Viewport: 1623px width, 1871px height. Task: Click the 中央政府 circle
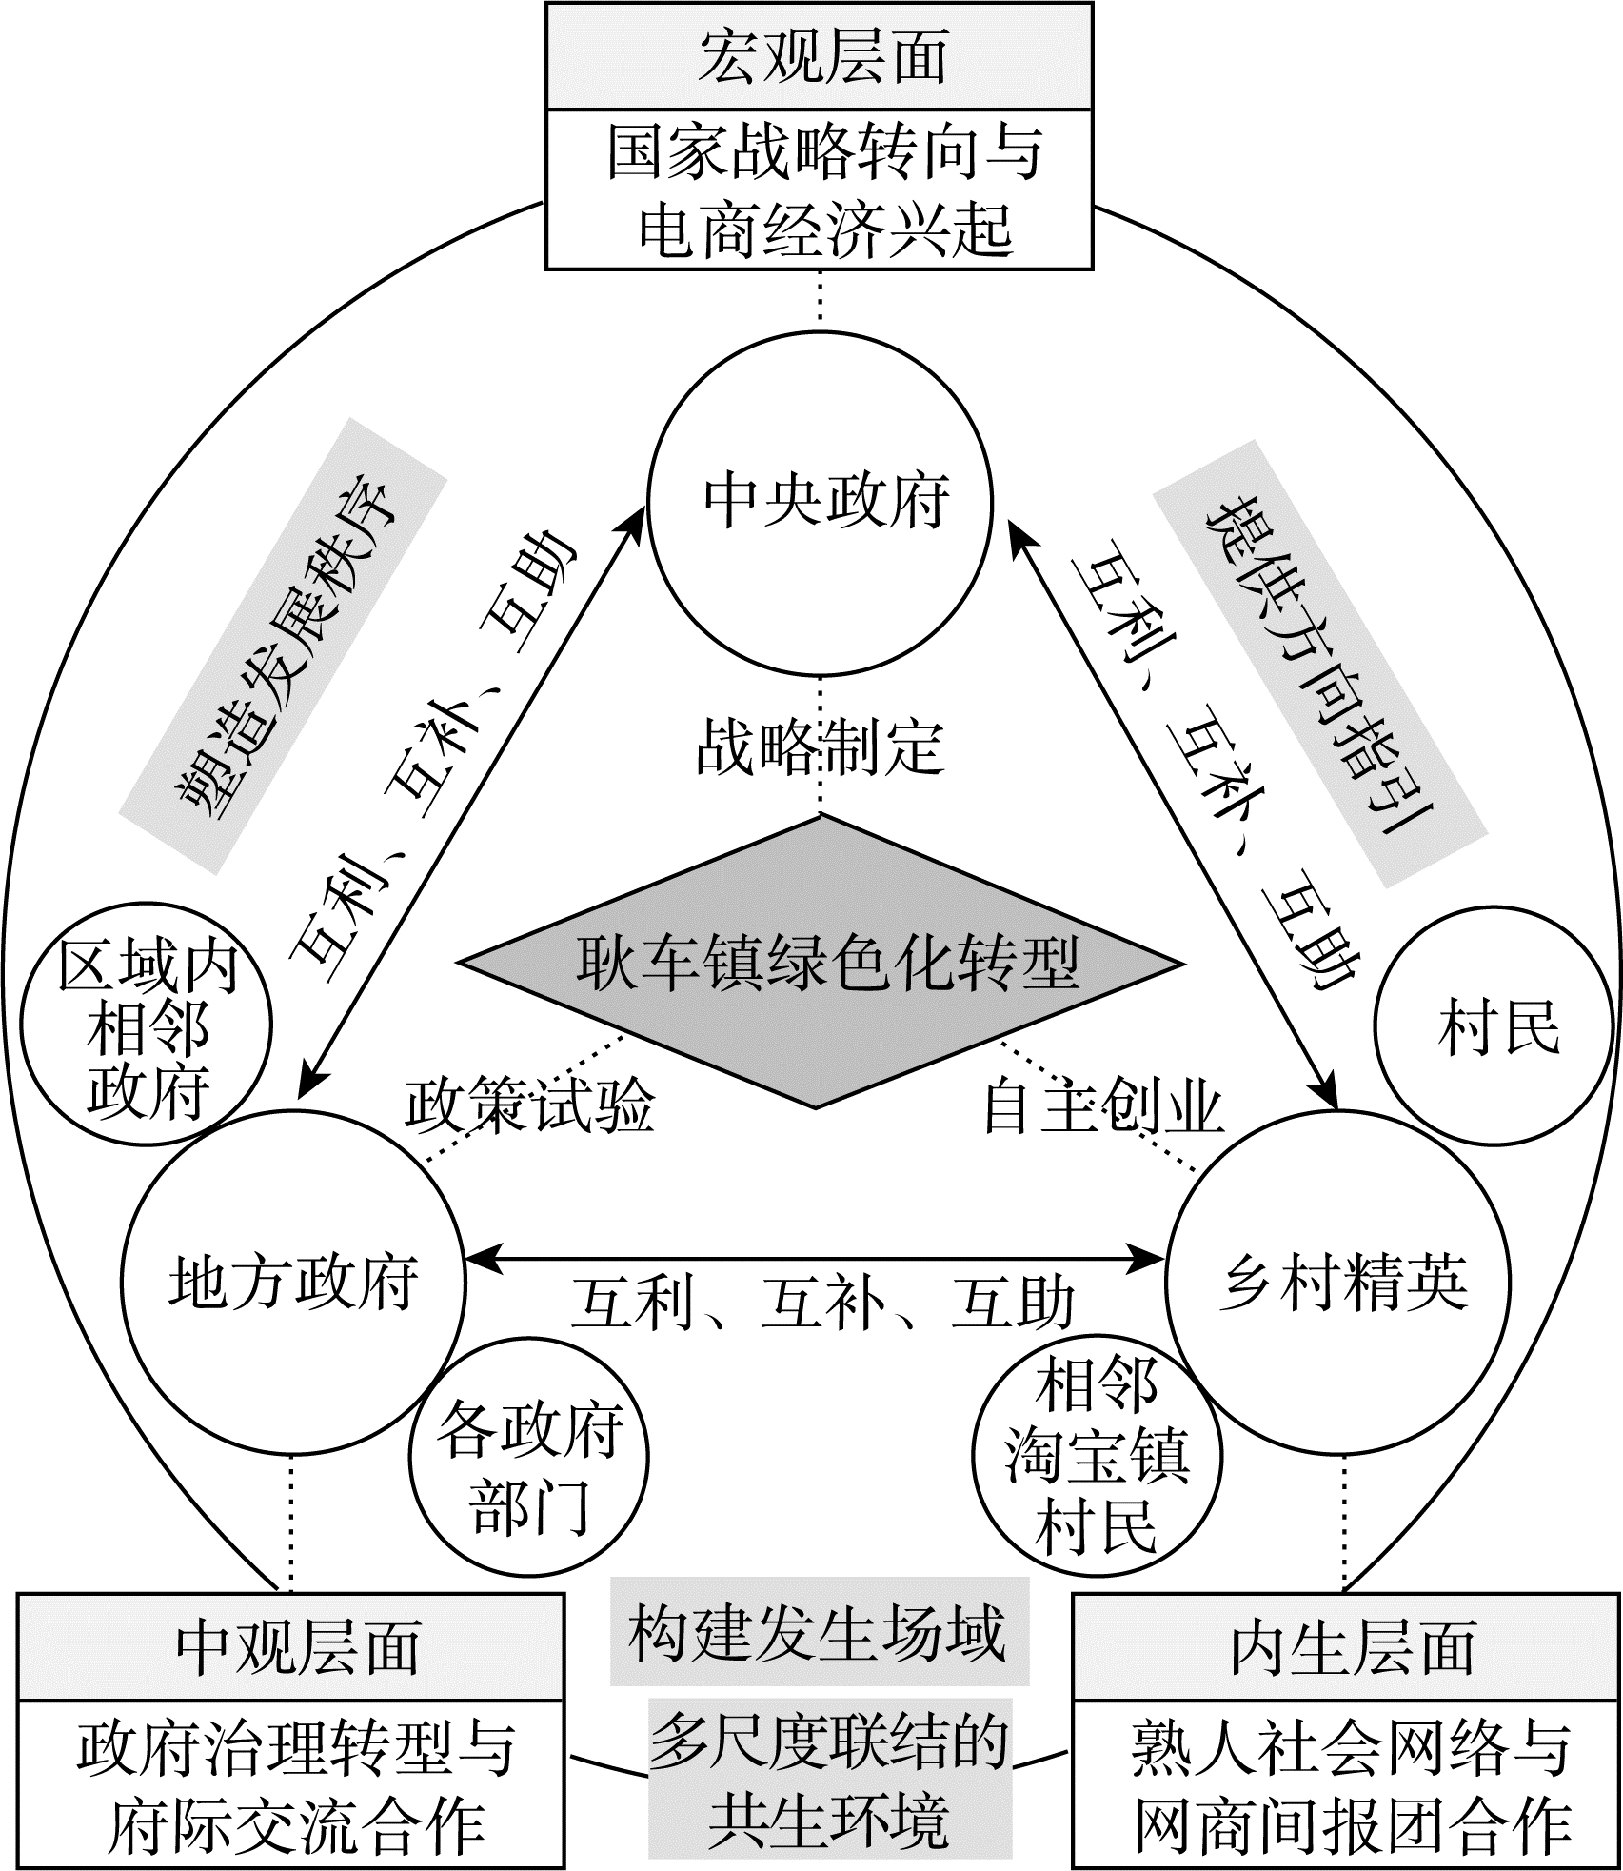(x=820, y=502)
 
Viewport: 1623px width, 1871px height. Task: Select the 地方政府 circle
(x=293, y=1281)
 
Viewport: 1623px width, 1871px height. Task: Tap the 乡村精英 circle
(x=1337, y=1281)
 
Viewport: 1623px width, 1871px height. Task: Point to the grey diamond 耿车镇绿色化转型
(x=820, y=963)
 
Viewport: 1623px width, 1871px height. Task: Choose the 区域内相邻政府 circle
(x=147, y=1029)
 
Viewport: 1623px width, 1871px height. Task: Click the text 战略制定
(x=820, y=748)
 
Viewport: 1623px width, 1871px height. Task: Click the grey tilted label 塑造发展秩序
(x=284, y=647)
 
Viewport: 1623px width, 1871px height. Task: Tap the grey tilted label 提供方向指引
(x=1319, y=664)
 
